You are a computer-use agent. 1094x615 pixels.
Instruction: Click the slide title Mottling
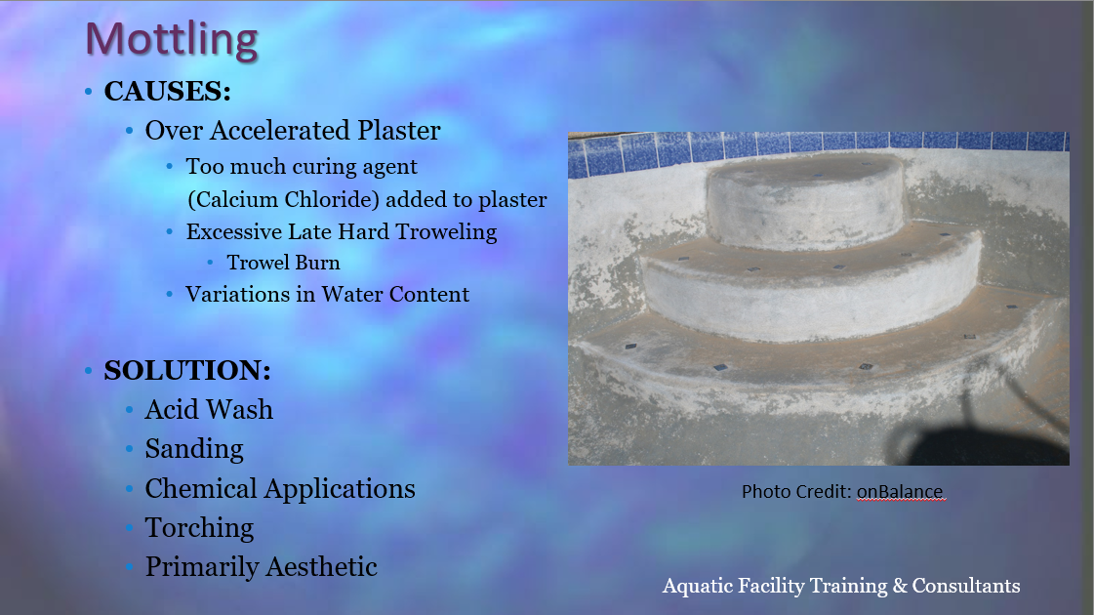172,39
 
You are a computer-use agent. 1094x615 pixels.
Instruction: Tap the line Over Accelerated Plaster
293,131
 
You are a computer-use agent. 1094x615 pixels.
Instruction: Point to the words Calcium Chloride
286,200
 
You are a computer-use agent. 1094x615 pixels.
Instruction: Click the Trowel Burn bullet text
283,263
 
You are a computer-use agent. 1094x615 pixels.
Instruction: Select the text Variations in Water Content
327,295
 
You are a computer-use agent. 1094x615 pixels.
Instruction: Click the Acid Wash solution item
209,410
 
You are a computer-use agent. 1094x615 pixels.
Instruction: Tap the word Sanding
194,450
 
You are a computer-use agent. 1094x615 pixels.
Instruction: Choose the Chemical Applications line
280,489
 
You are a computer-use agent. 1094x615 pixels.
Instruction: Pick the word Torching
199,528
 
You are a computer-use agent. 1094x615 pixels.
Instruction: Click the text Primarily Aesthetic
261,567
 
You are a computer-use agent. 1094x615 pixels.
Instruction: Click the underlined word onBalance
900,491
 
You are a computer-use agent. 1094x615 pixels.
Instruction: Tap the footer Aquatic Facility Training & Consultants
840,586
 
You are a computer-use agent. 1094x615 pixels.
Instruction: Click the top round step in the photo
806,199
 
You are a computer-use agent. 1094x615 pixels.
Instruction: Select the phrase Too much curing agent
302,167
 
